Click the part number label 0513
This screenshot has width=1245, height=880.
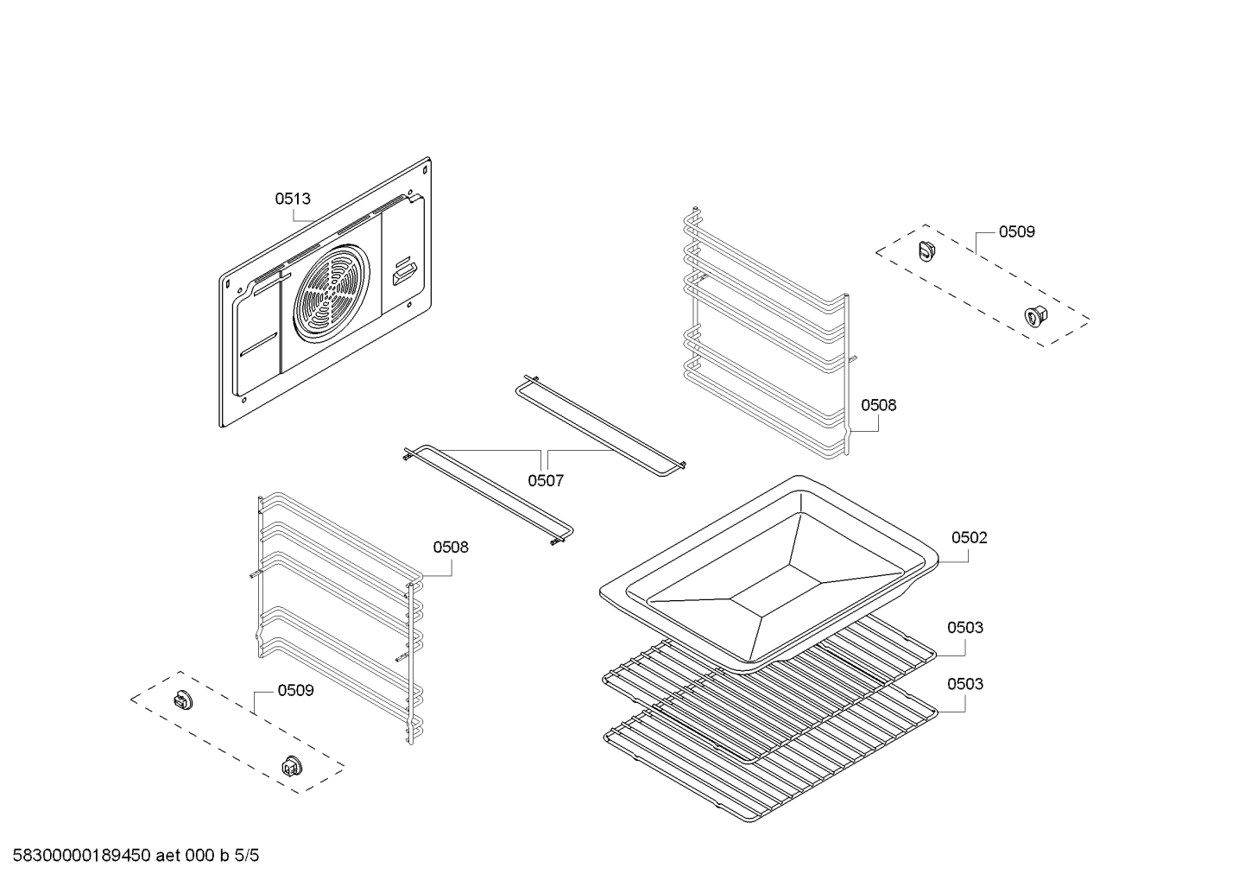pyautogui.click(x=293, y=199)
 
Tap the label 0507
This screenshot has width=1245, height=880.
pyautogui.click(x=546, y=480)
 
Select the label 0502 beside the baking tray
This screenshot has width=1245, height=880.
pyautogui.click(x=969, y=537)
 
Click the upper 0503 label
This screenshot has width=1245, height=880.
pyautogui.click(x=964, y=627)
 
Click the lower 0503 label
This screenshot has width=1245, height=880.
pyautogui.click(x=964, y=684)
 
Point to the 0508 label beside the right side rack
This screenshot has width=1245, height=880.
pyautogui.click(x=878, y=405)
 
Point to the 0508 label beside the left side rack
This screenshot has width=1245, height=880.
pyautogui.click(x=451, y=547)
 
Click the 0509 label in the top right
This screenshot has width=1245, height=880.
pyautogui.click(x=1016, y=231)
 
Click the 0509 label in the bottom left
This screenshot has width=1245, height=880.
pyautogui.click(x=295, y=690)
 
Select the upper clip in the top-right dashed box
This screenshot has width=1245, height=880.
pyautogui.click(x=927, y=250)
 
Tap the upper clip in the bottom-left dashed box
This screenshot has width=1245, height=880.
pyautogui.click(x=183, y=700)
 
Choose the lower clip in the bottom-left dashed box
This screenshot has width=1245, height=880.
pyautogui.click(x=292, y=765)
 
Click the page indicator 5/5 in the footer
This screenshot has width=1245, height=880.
pyautogui.click(x=246, y=856)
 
